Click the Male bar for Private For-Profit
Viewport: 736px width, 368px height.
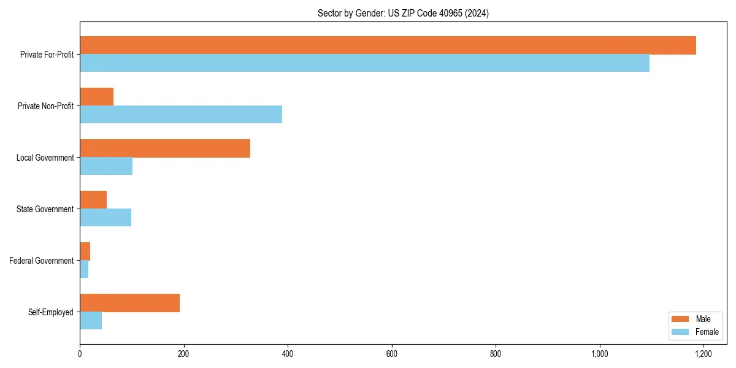pyautogui.click(x=388, y=45)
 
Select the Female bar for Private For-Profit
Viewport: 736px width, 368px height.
pyautogui.click(x=364, y=63)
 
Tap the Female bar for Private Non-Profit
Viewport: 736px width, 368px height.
pyautogui.click(x=181, y=115)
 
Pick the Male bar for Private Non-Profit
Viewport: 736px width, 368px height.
pyautogui.click(x=96, y=97)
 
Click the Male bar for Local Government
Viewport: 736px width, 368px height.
pyautogui.click(x=165, y=148)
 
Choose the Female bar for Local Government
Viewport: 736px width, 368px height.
pyautogui.click(x=106, y=166)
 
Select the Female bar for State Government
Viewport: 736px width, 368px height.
pyautogui.click(x=105, y=218)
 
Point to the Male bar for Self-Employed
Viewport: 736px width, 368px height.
pyautogui.click(x=129, y=303)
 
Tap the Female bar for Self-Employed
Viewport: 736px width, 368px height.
pyautogui.click(x=91, y=321)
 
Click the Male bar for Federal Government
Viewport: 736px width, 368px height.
pyautogui.click(x=85, y=251)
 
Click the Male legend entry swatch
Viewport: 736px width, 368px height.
pyautogui.click(x=681, y=319)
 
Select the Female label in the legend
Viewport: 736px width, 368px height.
pyautogui.click(x=707, y=332)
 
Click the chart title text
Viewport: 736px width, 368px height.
pyautogui.click(x=403, y=13)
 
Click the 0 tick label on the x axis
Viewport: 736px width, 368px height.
pyautogui.click(x=80, y=354)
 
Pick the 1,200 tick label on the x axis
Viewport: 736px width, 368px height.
pyautogui.click(x=703, y=354)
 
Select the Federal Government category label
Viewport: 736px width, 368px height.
pyautogui.click(x=42, y=261)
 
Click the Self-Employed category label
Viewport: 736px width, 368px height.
pyautogui.click(x=51, y=312)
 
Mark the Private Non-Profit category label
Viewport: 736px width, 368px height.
pyautogui.click(x=45, y=106)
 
